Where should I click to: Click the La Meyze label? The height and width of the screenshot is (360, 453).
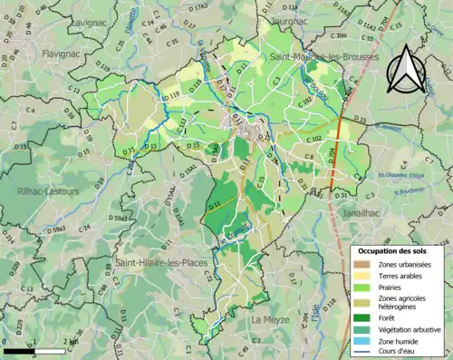[x=271, y=320]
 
